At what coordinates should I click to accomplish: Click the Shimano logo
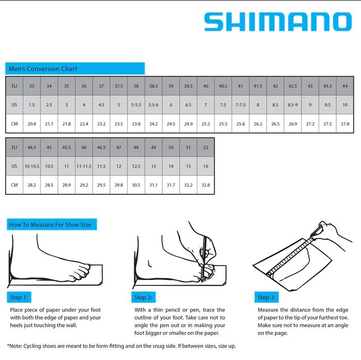click(x=277, y=22)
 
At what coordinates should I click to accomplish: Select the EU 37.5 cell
click(x=118, y=86)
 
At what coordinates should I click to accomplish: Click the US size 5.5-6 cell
click(x=153, y=105)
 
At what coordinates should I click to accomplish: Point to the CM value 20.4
click(x=32, y=124)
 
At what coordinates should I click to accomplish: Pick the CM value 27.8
click(x=344, y=124)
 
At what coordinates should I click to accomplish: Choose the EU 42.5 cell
click(x=292, y=86)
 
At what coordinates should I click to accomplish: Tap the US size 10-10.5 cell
click(x=32, y=166)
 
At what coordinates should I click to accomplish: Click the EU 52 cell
click(x=206, y=148)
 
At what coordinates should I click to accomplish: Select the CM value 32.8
click(x=206, y=185)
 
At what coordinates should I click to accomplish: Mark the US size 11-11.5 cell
click(x=84, y=166)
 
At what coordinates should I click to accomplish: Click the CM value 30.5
click(x=136, y=185)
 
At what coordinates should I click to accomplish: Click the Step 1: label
click(x=19, y=298)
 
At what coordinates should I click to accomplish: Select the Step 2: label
click(x=144, y=298)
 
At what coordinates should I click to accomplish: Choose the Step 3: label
click(x=267, y=298)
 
